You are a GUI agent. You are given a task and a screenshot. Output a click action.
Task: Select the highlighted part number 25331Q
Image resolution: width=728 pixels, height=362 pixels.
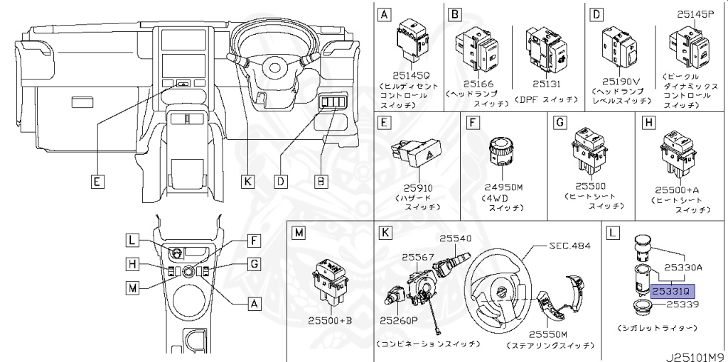pyautogui.click(x=671, y=291)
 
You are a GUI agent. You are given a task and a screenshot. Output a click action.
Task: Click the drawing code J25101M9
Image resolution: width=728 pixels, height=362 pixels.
pyautogui.click(x=695, y=353)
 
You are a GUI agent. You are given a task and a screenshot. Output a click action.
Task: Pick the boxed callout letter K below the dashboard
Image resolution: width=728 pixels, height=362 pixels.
pyautogui.click(x=247, y=181)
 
